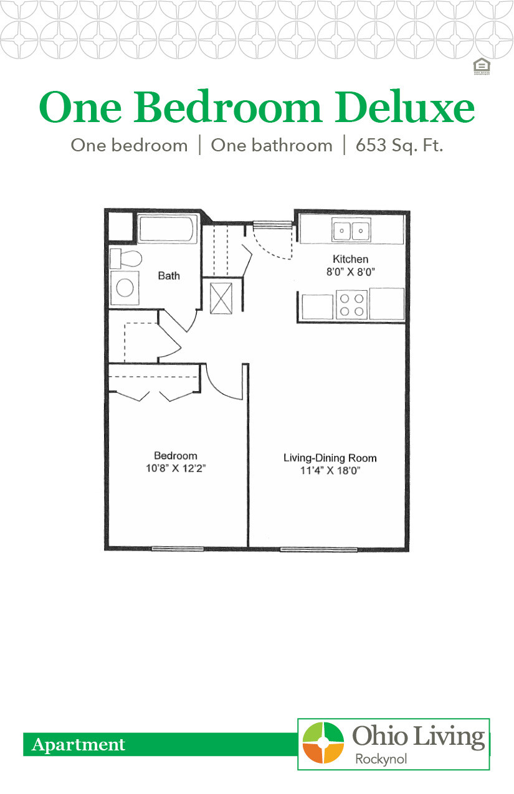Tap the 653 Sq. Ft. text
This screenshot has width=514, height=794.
pos(399,146)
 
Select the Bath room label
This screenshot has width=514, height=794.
pos(168,275)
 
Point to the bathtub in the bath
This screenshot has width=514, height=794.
pos(167,229)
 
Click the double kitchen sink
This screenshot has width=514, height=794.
pos(351,231)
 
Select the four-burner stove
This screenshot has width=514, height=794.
pos(351,305)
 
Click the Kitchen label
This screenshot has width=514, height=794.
pos(350,259)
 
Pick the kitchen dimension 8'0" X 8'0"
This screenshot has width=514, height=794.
pos(350,272)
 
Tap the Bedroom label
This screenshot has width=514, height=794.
pos(176,456)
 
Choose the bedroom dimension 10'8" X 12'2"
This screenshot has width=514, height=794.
pos(176,468)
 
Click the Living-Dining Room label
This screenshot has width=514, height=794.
pos(330,458)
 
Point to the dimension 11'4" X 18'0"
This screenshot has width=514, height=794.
pos(330,471)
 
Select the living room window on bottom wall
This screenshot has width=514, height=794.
pos(318,549)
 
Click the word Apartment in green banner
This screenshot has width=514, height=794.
pos(79,745)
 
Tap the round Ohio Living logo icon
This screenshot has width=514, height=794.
pos(323,743)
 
